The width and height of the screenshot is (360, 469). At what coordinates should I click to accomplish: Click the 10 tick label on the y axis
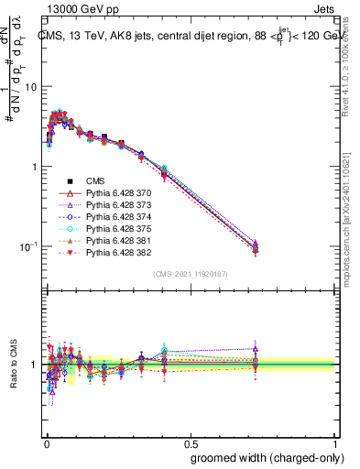pyautogui.click(x=30, y=86)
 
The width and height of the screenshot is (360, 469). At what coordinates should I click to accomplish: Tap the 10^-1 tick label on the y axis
pyautogui.click(x=28, y=246)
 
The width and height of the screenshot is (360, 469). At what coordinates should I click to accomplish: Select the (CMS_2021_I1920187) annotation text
pyautogui.click(x=190, y=274)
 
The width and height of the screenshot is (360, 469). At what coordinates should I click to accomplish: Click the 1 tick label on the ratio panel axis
pyautogui.click(x=34, y=365)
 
